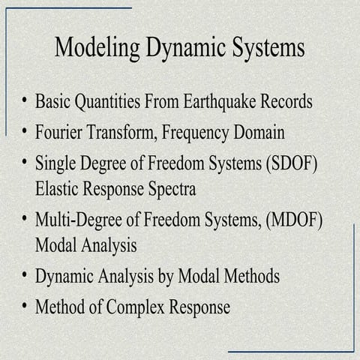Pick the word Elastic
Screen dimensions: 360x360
57,187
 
